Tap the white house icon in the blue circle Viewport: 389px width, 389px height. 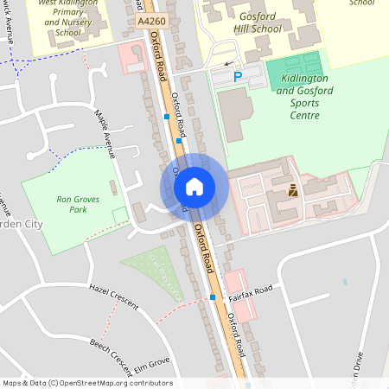pyautogui.click(x=194, y=186)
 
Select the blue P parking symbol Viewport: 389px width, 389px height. pyautogui.click(x=239, y=78)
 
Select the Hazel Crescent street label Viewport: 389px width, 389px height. pyautogui.click(x=112, y=296)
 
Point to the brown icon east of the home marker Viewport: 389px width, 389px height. pyautogui.click(x=293, y=190)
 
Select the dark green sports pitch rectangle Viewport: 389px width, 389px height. pyautogui.click(x=293, y=67)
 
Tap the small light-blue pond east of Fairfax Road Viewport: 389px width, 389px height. pyautogui.click(x=345, y=283)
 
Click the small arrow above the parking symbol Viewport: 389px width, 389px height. pyautogui.click(x=227, y=64)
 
